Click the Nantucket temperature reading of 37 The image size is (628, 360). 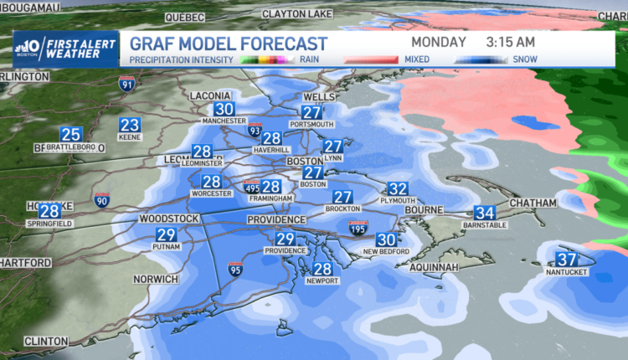click(567, 260)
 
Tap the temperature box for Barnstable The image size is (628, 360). click(484, 213)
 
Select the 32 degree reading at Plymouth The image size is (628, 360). click(398, 189)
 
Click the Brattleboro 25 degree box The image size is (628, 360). click(70, 134)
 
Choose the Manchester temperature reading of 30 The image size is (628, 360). click(224, 110)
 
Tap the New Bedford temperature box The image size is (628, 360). click(385, 239)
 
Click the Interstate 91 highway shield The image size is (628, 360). click(126, 84)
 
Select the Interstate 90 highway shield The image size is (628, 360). click(102, 199)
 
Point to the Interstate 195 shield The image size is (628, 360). click(358, 226)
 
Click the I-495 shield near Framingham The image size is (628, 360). click(251, 187)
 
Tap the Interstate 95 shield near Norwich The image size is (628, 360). click(234, 269)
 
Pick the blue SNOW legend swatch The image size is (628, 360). click(483, 60)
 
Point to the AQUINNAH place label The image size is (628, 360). click(436, 266)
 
